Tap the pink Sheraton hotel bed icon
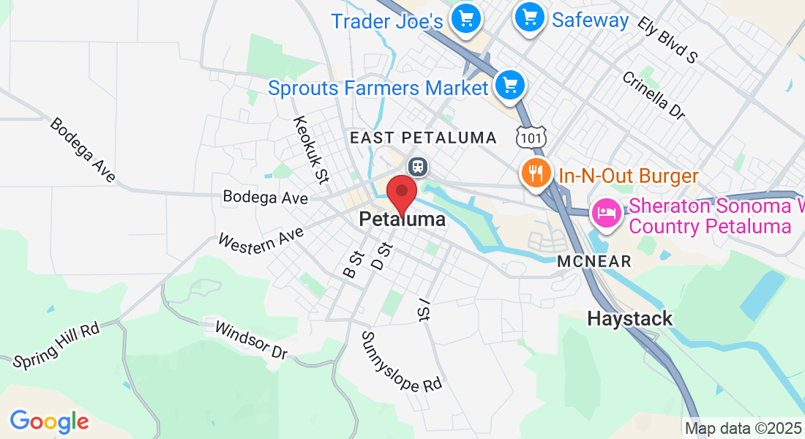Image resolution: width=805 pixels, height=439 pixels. point(607,212)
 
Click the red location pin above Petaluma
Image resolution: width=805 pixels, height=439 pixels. point(401,195)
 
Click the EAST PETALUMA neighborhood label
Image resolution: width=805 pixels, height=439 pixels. point(423,138)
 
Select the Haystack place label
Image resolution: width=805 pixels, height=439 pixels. point(630,319)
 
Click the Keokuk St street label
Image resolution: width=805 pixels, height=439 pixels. point(309,148)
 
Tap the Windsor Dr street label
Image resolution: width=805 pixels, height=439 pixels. point(250,339)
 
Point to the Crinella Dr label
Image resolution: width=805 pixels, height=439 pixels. point(654,95)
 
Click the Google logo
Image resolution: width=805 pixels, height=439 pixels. point(49,421)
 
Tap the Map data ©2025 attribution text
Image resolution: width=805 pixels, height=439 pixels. point(741,428)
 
